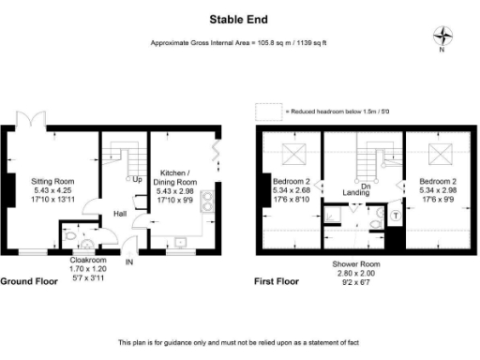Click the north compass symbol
click(442, 37)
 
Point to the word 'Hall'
click(121, 214)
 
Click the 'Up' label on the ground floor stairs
click(137, 179)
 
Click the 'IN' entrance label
click(130, 262)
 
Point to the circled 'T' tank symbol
click(394, 215)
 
